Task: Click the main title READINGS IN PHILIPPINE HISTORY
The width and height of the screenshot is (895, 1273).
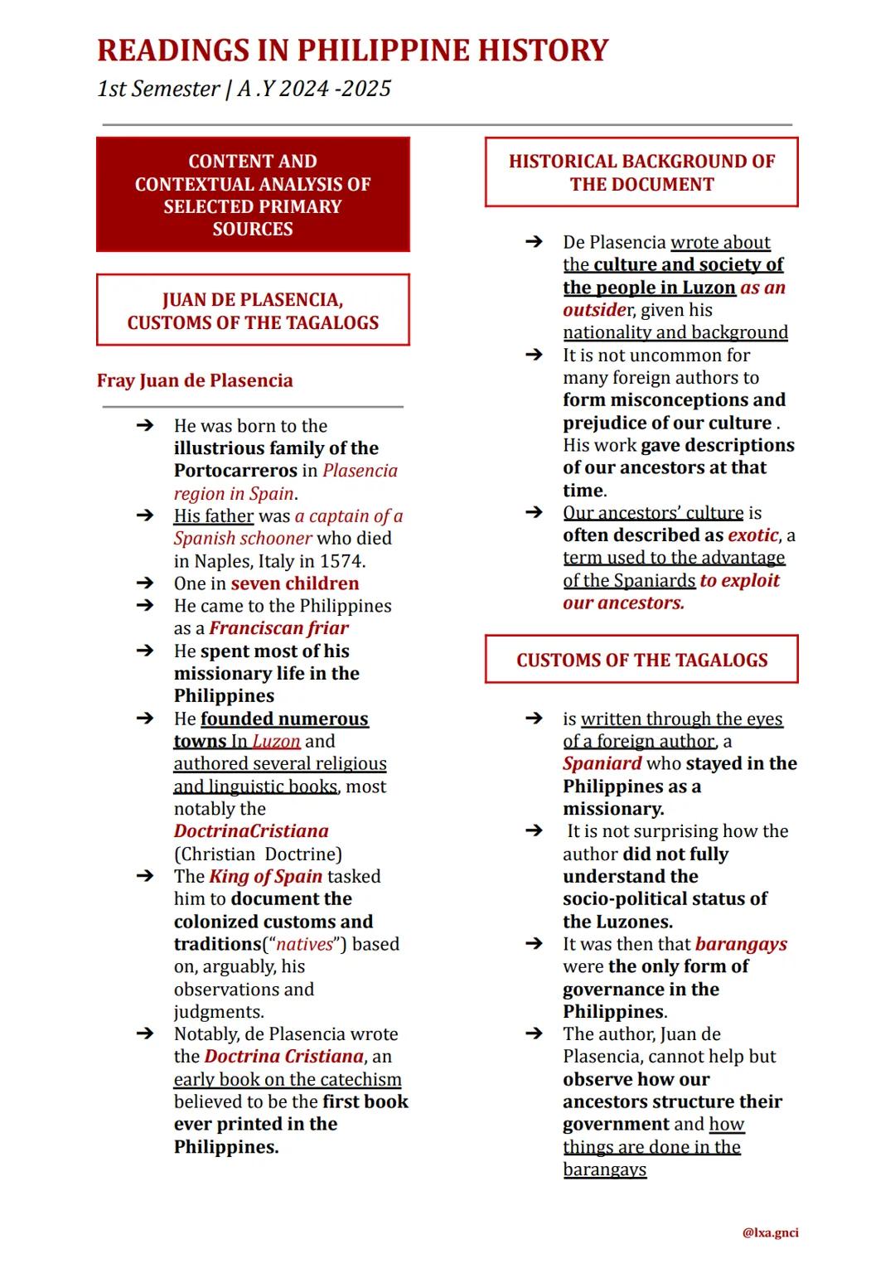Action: coord(352,51)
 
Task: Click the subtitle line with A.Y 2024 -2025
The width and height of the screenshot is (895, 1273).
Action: coord(244,89)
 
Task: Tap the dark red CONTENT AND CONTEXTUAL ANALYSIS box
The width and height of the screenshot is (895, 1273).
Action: coord(253,195)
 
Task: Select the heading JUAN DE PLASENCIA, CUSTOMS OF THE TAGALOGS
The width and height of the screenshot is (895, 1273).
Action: coord(253,311)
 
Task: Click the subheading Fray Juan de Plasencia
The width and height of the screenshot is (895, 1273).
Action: coord(195,380)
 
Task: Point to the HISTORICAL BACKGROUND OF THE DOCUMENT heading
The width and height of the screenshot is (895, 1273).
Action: coord(641,172)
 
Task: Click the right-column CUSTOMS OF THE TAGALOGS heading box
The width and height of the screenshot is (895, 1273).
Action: coord(641,660)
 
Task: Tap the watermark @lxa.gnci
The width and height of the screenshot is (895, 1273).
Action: coord(771,1232)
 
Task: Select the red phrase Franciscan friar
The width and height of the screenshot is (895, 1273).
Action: coord(278,628)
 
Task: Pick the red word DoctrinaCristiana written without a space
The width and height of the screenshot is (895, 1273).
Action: coord(251,831)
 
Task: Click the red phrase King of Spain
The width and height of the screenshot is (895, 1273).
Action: coord(265,876)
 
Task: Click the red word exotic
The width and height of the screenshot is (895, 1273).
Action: coord(752,535)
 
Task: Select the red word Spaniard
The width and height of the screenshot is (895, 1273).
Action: coord(602,763)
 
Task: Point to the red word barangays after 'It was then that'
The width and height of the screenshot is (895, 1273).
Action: coord(741,944)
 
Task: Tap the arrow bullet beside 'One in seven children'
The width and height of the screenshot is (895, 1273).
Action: coord(145,583)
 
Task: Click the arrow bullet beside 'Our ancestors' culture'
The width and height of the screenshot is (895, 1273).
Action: coord(535,513)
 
